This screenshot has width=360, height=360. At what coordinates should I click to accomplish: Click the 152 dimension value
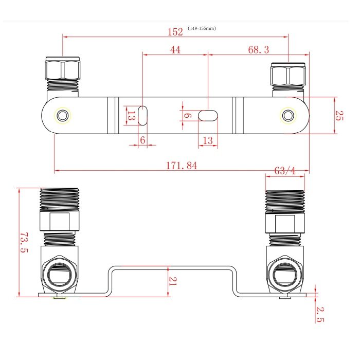[x=175, y=32]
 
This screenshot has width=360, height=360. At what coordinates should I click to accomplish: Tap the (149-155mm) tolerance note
[x=202, y=28]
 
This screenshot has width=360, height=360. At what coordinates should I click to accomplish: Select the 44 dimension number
[x=175, y=50]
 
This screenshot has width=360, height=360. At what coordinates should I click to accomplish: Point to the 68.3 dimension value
[x=259, y=50]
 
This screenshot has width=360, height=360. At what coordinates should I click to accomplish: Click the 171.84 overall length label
[x=182, y=166]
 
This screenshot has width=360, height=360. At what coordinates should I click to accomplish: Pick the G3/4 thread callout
[x=285, y=171]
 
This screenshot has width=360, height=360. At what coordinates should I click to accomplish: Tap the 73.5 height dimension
[x=24, y=242]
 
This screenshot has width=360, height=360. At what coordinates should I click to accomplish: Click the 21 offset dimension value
[x=173, y=281]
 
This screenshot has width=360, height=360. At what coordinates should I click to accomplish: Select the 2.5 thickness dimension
[x=320, y=315]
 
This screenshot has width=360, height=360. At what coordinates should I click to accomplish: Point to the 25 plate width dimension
[x=339, y=116]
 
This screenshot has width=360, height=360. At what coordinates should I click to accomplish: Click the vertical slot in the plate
[x=142, y=116]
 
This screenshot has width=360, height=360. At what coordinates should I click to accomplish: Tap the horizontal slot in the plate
[x=208, y=116]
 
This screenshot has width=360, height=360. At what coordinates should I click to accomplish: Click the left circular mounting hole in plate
[x=62, y=116]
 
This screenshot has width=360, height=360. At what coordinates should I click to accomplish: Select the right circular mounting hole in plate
[x=288, y=116]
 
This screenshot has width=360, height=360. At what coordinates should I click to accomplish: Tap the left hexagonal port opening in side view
[x=60, y=275]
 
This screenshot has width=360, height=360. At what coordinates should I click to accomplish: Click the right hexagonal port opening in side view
[x=285, y=275]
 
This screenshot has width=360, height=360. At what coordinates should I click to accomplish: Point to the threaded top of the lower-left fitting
[x=60, y=199]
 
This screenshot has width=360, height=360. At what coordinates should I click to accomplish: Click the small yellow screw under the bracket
[x=60, y=298]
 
